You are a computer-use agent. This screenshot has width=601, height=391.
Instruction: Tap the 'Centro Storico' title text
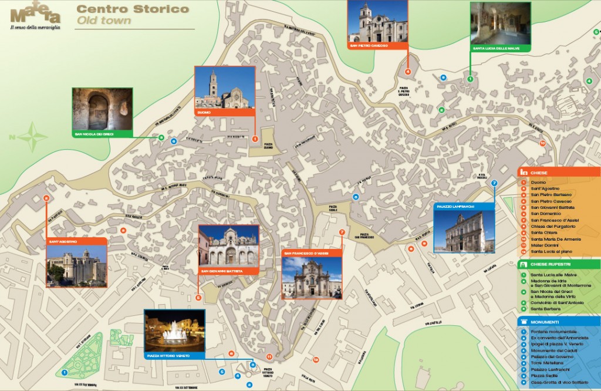pyautogui.click(x=133, y=9)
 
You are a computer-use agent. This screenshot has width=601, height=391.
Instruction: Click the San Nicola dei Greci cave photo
pyautogui.click(x=102, y=109)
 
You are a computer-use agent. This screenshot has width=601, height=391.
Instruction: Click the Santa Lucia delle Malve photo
pyautogui.click(x=500, y=23)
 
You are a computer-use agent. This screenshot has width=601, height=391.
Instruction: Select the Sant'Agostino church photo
pyautogui.click(x=77, y=265)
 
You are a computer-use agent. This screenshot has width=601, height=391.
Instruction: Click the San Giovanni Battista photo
pyautogui.click(x=228, y=247)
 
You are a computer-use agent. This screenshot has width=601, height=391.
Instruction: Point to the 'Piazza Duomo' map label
pyautogui.click(x=268, y=145)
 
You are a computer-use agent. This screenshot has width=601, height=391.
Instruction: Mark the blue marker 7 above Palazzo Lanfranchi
pyautogui.click(x=494, y=183)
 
